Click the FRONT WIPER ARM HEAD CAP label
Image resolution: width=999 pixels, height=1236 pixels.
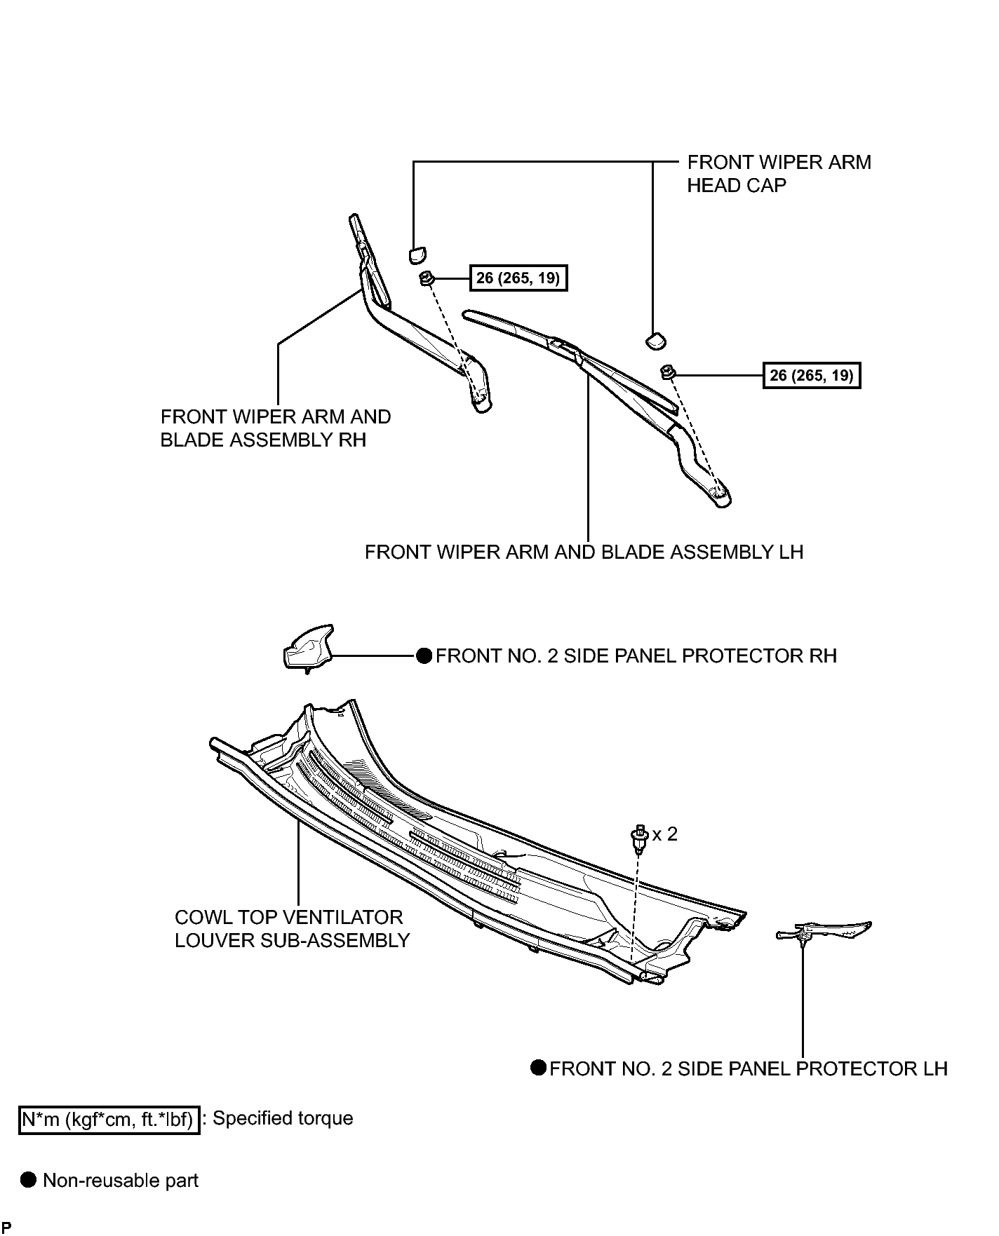point(779,174)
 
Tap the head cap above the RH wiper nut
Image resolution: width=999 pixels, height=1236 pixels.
point(417,254)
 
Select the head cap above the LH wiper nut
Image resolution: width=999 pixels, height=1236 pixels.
point(655,340)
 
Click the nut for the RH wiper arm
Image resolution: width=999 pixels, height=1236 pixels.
point(426,279)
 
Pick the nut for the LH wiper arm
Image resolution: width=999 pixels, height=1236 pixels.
point(668,372)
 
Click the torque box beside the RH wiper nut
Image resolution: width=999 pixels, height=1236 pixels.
point(518,278)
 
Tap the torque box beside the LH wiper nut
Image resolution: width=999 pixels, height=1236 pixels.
point(812,376)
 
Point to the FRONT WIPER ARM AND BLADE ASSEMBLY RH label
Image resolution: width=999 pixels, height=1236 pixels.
point(276,428)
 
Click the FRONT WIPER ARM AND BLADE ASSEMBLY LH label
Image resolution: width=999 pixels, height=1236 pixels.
point(584,552)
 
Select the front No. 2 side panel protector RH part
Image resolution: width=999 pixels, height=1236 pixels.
point(307,648)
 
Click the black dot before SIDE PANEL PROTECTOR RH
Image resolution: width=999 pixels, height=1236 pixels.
point(424,656)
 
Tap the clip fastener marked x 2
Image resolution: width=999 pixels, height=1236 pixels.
point(638,838)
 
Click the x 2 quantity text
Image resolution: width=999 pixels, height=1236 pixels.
point(665,834)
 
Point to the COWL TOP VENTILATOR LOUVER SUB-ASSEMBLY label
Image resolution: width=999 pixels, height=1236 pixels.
point(292,929)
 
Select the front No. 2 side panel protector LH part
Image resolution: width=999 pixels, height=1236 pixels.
point(824,932)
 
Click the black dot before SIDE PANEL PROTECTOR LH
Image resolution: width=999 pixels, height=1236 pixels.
point(539,1068)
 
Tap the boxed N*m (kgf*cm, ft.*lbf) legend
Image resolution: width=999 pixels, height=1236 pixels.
point(109,1120)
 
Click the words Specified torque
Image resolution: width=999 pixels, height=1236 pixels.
point(283,1118)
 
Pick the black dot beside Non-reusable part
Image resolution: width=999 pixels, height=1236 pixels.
point(28,1180)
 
